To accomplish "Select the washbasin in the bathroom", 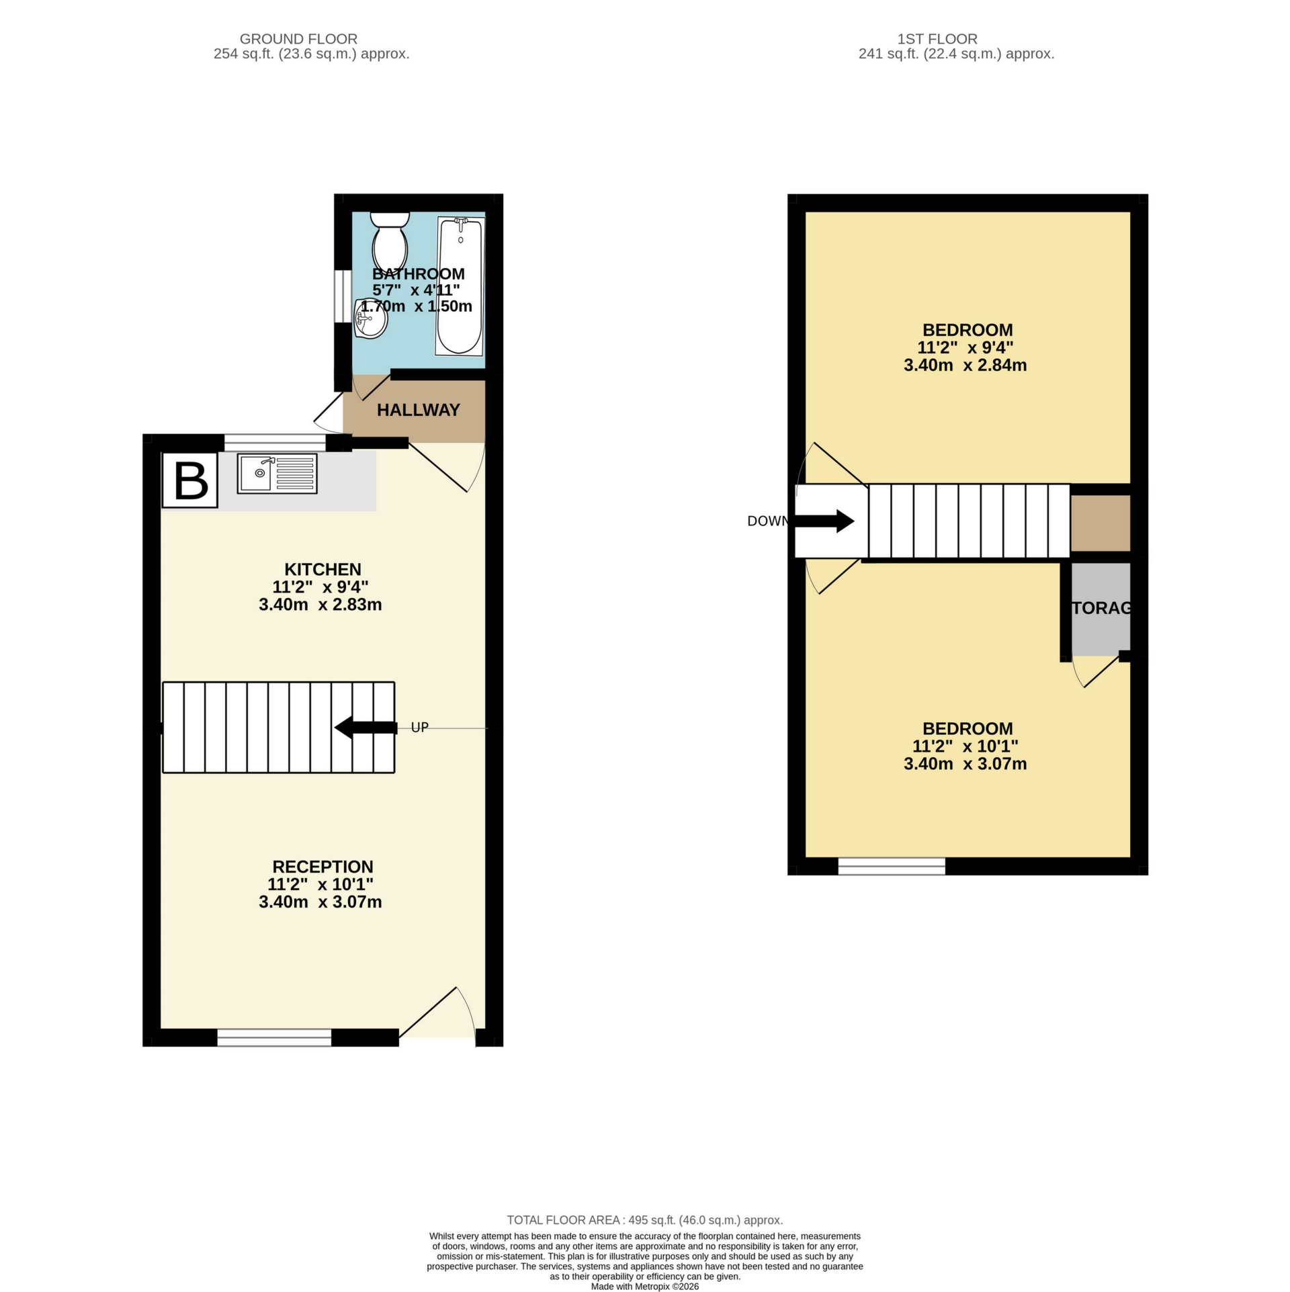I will (x=371, y=319).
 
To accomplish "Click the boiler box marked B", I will (x=190, y=480).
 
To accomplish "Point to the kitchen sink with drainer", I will (x=277, y=474).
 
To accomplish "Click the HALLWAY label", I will (x=418, y=410).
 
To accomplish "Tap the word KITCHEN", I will (x=322, y=569).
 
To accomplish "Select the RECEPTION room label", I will (x=322, y=867).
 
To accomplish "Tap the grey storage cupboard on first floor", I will (x=1101, y=608).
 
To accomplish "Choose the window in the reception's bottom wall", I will (x=274, y=1037).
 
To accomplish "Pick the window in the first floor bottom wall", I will (x=892, y=866).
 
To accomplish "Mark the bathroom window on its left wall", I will (x=342, y=293).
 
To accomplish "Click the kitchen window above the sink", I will (x=274, y=442).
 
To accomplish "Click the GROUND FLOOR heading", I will (x=298, y=39).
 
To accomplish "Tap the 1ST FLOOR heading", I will (x=956, y=39).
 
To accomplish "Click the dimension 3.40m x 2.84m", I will (x=965, y=365).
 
